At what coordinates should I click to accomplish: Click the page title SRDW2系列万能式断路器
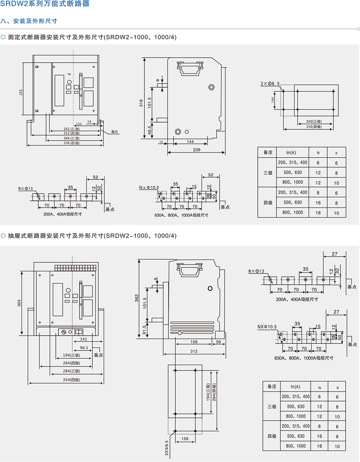click(x=45, y=4)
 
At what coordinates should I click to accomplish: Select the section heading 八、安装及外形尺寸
click(x=29, y=21)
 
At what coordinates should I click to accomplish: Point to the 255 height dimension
click(x=21, y=92)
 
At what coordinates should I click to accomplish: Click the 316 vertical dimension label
click(x=141, y=103)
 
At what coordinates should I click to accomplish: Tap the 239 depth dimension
click(x=197, y=150)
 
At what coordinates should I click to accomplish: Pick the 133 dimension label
click(x=78, y=124)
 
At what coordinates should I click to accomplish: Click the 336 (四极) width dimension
click(x=71, y=143)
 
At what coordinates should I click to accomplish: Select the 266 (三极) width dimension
click(x=71, y=138)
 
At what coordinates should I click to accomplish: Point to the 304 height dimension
click(x=19, y=303)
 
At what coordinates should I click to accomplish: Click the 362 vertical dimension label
click(x=137, y=298)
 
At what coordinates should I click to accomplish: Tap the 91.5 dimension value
click(x=145, y=330)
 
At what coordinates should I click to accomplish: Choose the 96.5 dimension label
click(x=84, y=348)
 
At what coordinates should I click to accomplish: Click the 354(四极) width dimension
click(x=71, y=380)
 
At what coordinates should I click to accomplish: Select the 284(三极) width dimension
click(x=71, y=371)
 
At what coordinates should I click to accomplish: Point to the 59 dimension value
click(x=218, y=342)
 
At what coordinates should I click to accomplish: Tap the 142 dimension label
click(x=84, y=339)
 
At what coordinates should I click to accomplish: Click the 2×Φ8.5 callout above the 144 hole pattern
click(x=270, y=84)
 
